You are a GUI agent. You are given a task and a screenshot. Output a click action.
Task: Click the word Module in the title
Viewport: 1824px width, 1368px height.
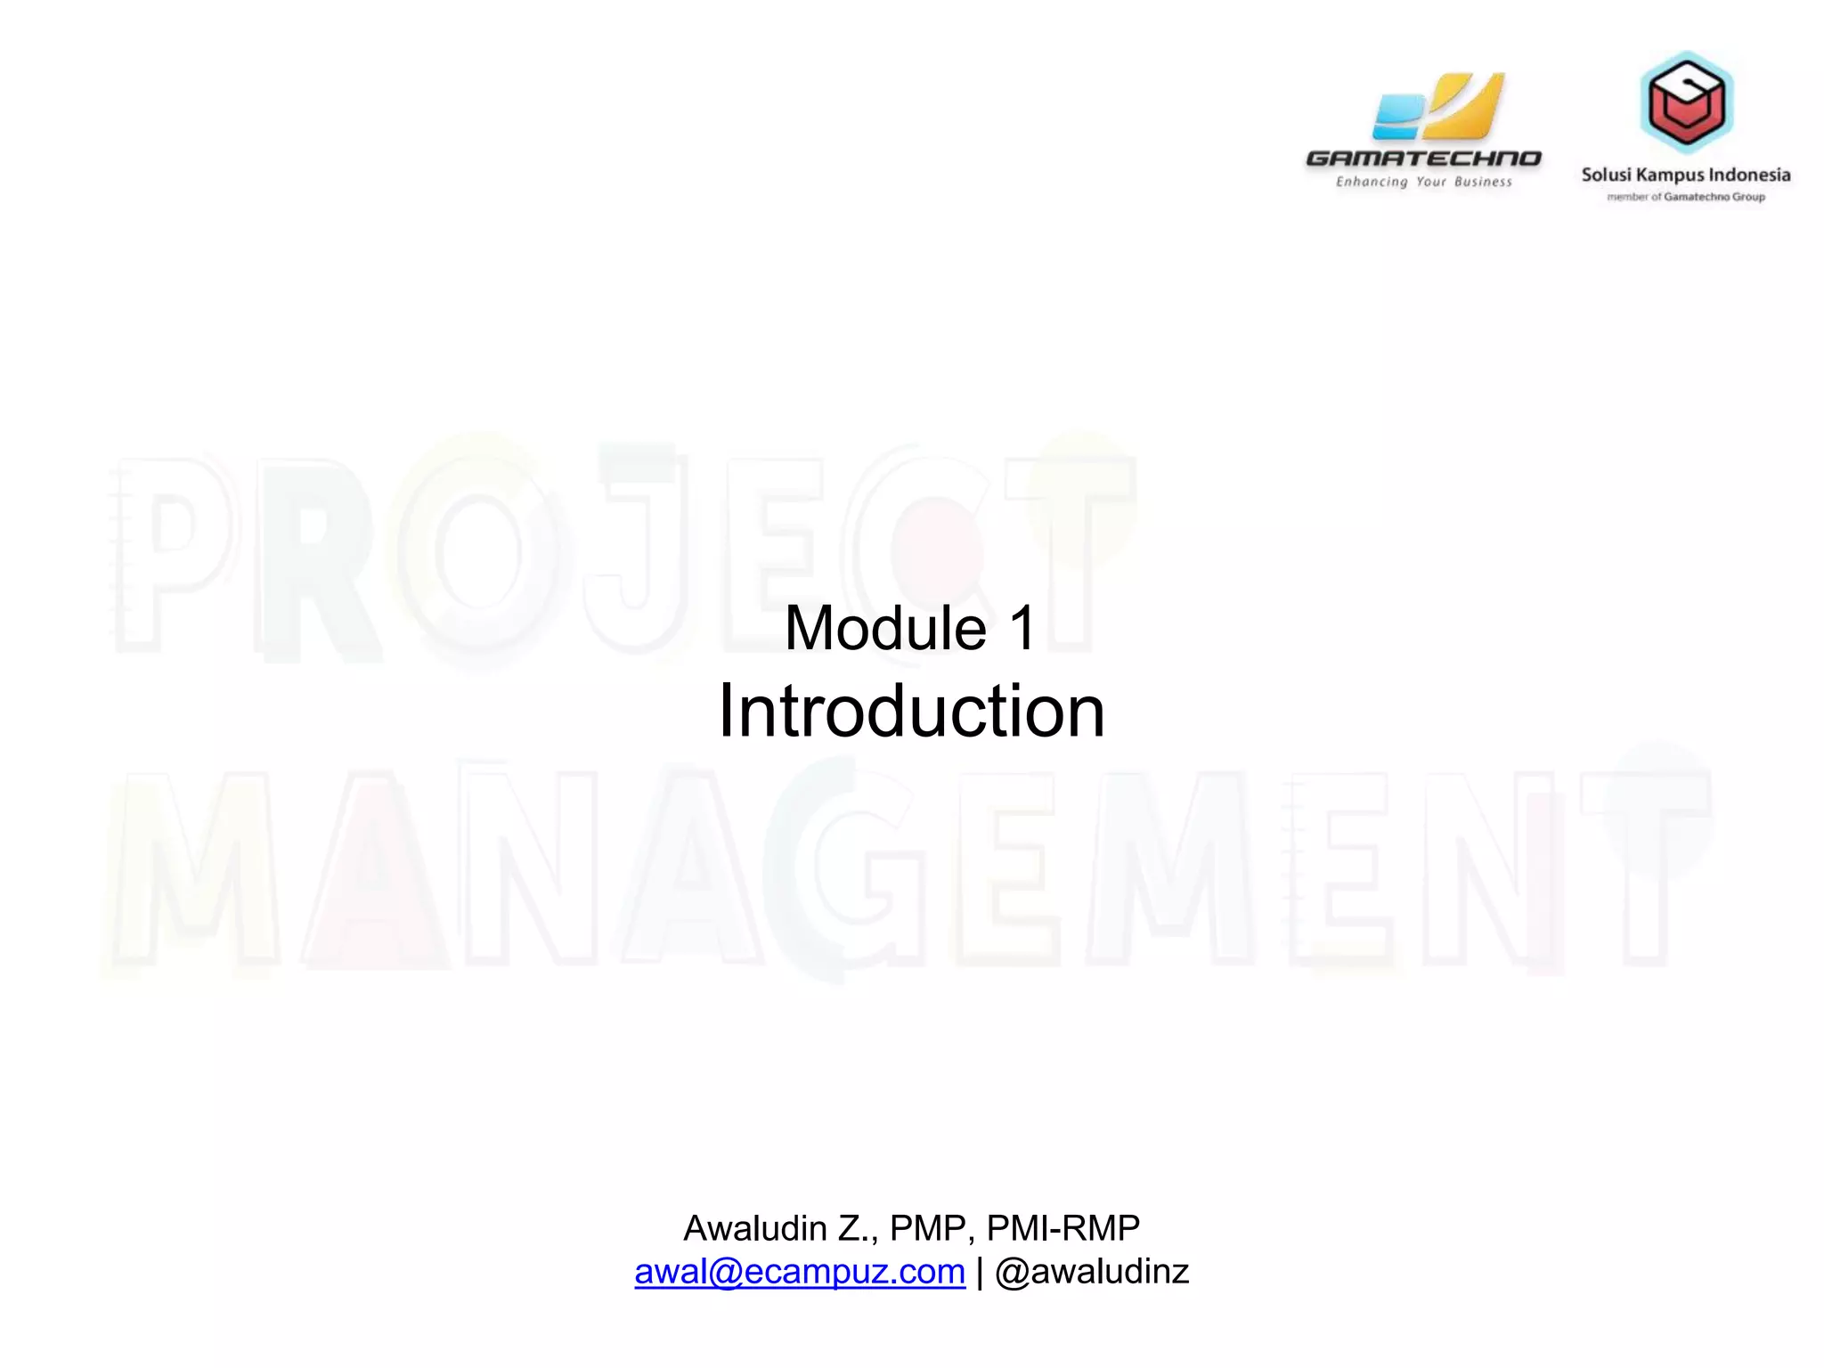pyautogui.click(x=885, y=629)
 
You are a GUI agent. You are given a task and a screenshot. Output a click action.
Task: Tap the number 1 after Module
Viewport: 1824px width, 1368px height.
pyautogui.click(x=1023, y=629)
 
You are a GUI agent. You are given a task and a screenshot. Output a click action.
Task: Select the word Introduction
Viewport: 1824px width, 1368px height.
pyautogui.click(x=911, y=712)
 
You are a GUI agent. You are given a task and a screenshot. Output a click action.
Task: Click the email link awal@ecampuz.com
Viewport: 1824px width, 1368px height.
pyautogui.click(x=799, y=1272)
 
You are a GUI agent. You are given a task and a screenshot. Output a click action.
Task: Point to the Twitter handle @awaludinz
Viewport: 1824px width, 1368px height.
pyautogui.click(x=1092, y=1272)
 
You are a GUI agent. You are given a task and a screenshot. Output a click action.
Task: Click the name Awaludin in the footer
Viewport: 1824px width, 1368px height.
pyautogui.click(x=755, y=1229)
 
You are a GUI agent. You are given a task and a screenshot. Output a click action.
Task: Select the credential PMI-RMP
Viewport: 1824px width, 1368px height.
pyautogui.click(x=1063, y=1229)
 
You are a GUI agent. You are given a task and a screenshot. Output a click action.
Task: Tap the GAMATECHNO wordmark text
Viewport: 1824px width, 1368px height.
pyautogui.click(x=1422, y=159)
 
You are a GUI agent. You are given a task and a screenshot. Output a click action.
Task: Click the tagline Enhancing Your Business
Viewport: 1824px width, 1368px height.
pyautogui.click(x=1423, y=182)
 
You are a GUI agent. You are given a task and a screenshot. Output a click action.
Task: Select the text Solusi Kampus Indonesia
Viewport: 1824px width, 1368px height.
pyautogui.click(x=1685, y=175)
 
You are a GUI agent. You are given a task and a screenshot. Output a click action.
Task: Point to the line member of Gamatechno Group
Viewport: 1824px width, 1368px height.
pyautogui.click(x=1685, y=197)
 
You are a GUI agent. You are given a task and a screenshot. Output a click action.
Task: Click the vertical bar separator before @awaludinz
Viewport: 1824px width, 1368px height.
pyautogui.click(x=980, y=1272)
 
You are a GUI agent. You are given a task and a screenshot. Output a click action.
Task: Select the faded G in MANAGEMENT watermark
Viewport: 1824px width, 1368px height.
pyautogui.click(x=842, y=868)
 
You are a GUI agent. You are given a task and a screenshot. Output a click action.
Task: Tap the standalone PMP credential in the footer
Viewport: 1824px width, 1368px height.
pyautogui.click(x=926, y=1229)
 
